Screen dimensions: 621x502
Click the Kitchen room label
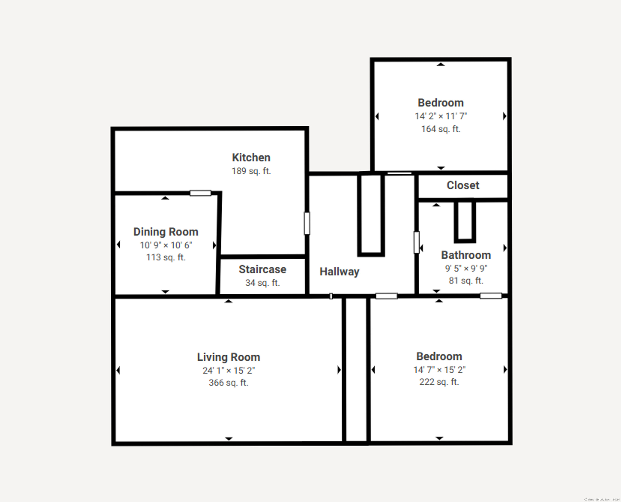(x=251, y=158)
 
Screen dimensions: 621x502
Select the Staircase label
(x=262, y=270)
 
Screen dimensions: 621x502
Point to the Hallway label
(x=339, y=272)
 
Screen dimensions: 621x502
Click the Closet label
(x=463, y=185)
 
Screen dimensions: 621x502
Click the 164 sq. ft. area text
(x=441, y=129)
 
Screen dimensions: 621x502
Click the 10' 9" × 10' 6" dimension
(x=166, y=245)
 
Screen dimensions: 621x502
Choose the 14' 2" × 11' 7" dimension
(x=441, y=116)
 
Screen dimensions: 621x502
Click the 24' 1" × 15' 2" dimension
(x=229, y=370)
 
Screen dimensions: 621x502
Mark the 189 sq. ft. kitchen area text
(x=251, y=171)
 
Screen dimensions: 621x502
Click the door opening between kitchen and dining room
(x=200, y=193)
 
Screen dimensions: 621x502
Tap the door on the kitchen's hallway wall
(x=307, y=223)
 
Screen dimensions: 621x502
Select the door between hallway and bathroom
(x=416, y=242)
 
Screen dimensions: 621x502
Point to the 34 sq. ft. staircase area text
(x=262, y=283)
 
